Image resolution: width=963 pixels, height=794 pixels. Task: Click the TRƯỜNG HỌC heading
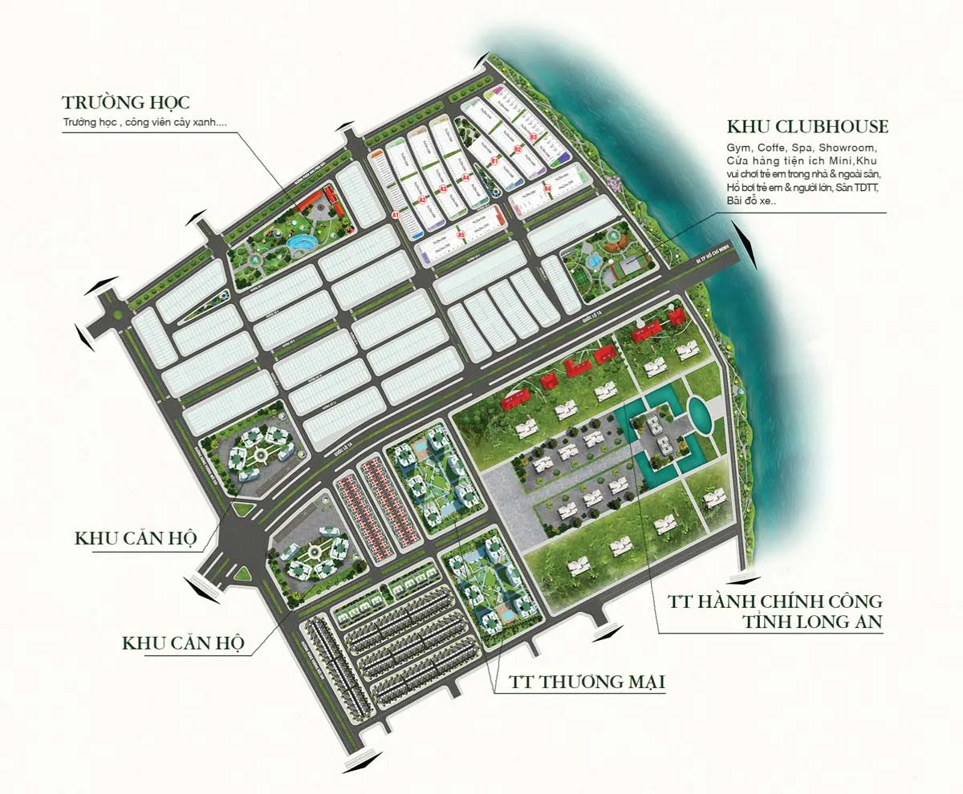(x=126, y=103)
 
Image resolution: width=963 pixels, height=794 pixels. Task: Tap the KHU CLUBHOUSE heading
(x=807, y=127)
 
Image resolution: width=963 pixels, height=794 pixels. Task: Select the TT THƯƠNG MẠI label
(x=588, y=682)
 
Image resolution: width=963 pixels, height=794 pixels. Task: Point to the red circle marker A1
(x=396, y=216)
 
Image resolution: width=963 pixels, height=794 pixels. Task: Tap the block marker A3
(x=443, y=189)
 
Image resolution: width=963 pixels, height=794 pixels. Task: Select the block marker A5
(x=461, y=234)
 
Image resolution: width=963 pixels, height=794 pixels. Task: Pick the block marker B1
(x=494, y=161)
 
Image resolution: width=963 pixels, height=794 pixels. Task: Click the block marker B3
(x=533, y=137)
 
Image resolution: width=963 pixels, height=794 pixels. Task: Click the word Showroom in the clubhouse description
(x=852, y=148)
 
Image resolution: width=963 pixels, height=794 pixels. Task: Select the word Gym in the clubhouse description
(x=736, y=148)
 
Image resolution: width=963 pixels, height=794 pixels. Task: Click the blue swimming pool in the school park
(x=301, y=242)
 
